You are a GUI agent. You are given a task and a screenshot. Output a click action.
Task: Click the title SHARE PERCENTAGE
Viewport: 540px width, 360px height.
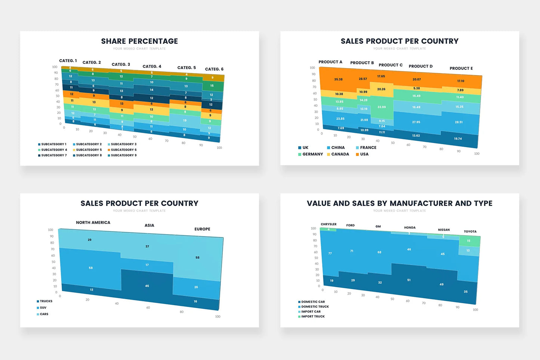[139, 41]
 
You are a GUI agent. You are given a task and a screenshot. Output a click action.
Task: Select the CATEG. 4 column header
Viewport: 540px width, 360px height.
[152, 66]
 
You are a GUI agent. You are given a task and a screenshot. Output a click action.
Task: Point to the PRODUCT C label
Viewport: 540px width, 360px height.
[391, 65]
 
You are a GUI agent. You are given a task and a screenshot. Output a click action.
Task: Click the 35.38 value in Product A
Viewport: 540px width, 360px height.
[338, 80]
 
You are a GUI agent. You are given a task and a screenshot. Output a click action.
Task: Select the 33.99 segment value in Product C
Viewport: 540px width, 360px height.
[382, 107]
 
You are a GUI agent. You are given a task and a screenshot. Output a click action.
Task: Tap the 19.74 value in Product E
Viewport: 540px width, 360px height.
[458, 139]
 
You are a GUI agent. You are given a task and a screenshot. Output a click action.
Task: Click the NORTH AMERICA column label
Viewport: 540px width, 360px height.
[93, 223]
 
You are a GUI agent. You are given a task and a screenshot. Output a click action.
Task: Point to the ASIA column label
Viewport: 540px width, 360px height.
[149, 226]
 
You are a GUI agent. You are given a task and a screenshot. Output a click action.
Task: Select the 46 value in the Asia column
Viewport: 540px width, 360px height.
[147, 286]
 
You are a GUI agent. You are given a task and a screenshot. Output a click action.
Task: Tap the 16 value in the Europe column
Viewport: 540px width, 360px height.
[195, 301]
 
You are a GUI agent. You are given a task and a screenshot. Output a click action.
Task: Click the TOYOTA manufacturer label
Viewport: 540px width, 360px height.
[470, 232]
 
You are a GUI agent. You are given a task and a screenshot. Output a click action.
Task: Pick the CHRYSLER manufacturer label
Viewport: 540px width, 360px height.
[328, 224]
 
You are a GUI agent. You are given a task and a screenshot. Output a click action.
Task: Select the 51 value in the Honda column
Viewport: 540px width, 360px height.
[409, 280]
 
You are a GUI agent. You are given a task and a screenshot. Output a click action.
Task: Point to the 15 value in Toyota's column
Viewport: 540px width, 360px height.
[469, 241]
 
